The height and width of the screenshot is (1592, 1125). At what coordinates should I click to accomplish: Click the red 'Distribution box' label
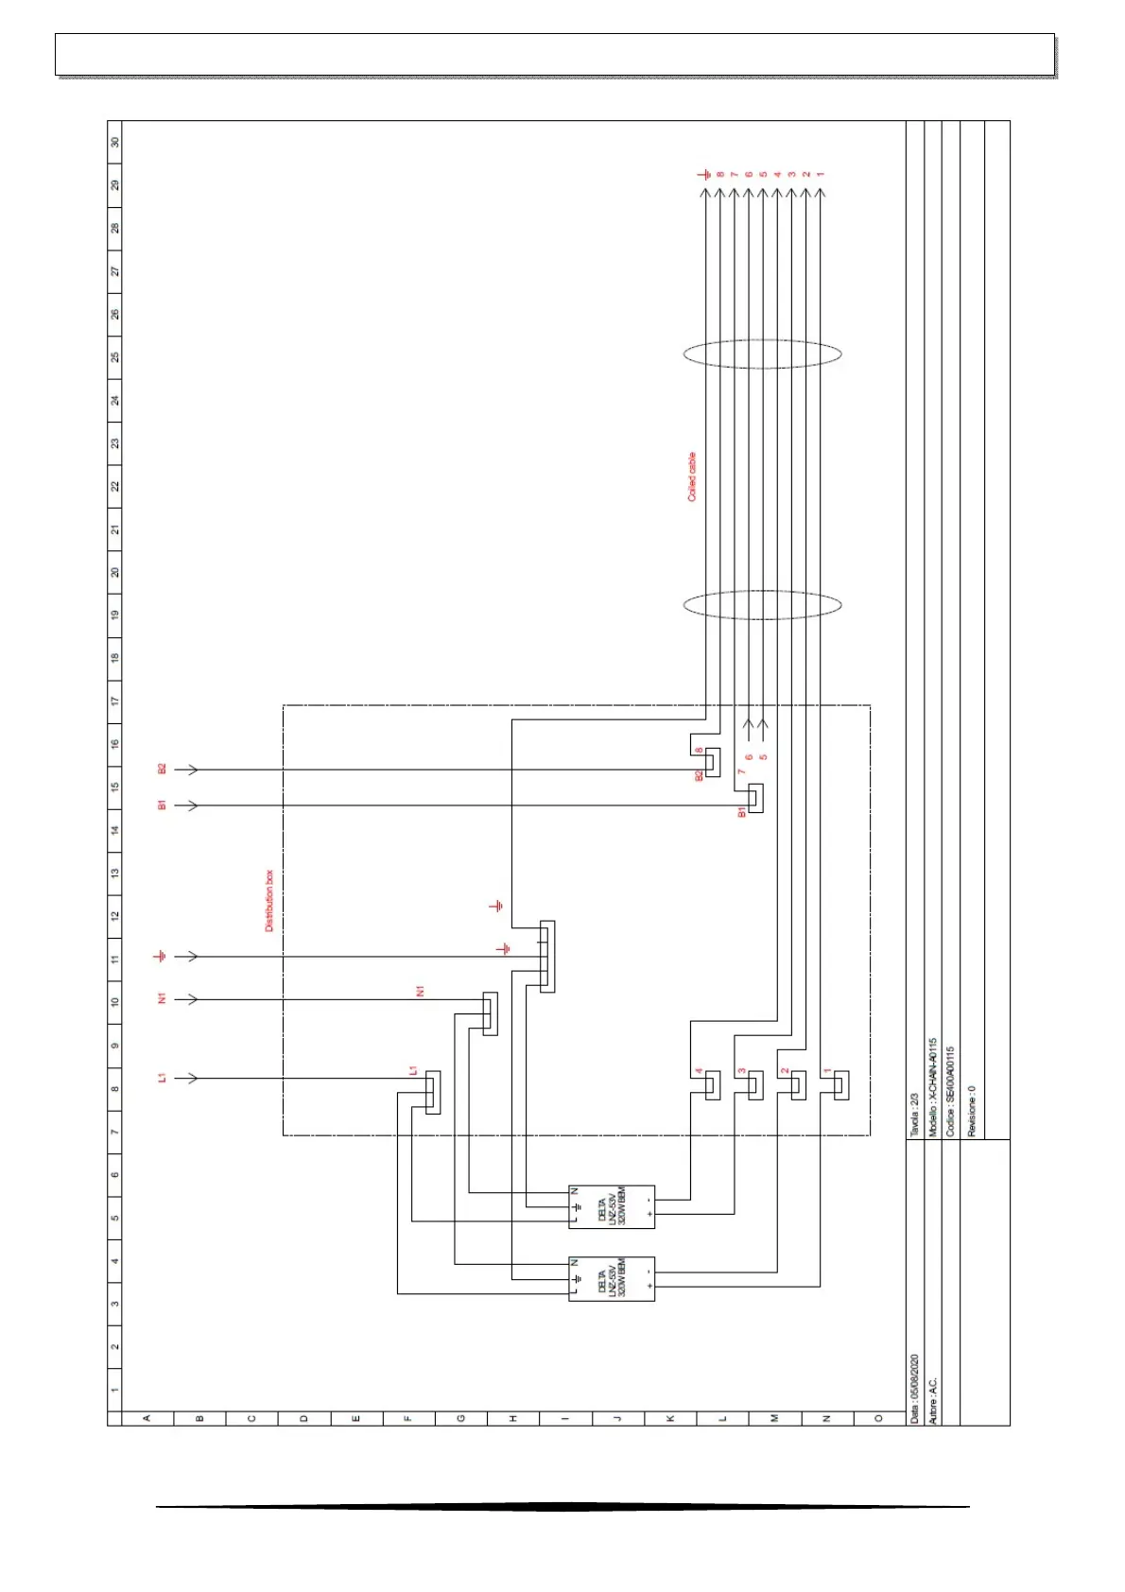click(268, 901)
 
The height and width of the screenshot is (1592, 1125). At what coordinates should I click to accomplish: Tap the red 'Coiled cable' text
click(692, 476)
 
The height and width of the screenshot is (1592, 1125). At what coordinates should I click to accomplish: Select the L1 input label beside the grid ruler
click(162, 1078)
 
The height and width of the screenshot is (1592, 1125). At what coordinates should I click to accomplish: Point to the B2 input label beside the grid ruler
click(162, 770)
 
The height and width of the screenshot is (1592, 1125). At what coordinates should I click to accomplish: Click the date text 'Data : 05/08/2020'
click(914, 1388)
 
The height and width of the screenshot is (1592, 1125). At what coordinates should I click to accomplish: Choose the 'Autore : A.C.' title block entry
click(932, 1400)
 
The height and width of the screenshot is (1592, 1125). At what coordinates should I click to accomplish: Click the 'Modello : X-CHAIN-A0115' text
click(932, 1087)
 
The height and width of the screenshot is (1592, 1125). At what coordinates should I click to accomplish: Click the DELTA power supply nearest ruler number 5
click(612, 1207)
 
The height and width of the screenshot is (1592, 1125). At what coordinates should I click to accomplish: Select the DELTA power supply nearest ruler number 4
click(612, 1279)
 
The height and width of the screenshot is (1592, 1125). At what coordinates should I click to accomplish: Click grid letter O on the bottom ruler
click(878, 1418)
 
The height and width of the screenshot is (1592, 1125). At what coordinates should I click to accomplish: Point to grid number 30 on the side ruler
click(115, 142)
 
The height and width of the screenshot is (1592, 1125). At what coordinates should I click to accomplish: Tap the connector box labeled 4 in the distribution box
click(713, 1085)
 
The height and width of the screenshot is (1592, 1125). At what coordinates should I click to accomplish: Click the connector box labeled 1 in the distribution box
click(841, 1085)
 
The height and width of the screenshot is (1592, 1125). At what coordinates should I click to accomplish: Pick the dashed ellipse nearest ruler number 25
click(762, 355)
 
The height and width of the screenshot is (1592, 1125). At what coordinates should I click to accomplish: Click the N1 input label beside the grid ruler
click(162, 999)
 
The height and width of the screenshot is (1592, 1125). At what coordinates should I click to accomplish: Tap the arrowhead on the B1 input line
click(192, 805)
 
